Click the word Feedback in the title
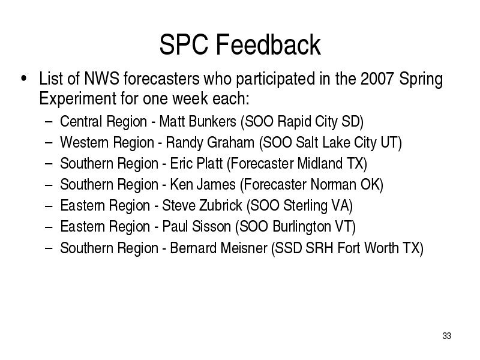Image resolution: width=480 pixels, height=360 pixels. (x=268, y=44)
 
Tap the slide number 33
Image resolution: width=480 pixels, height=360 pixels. (x=446, y=336)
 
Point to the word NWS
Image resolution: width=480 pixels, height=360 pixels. (x=101, y=79)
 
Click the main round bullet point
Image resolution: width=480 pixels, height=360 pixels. (x=23, y=79)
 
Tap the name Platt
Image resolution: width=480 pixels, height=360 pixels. (x=209, y=163)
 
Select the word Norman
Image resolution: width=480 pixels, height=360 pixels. (x=333, y=185)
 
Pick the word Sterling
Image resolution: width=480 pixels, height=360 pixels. (x=305, y=206)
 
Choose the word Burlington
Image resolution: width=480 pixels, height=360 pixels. (x=302, y=227)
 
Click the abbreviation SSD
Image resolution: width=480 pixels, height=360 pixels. (x=289, y=248)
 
